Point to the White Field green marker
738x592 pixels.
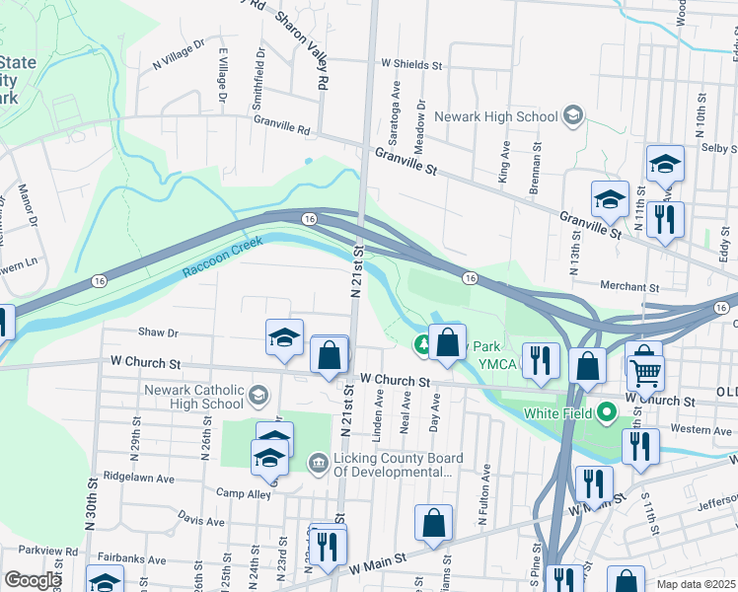tap(606, 411)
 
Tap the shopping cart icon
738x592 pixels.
tap(646, 372)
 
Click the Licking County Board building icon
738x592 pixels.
tap(318, 461)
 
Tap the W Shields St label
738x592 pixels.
tap(409, 64)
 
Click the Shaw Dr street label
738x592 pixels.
tap(158, 333)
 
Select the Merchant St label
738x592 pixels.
tap(628, 287)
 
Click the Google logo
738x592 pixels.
tap(33, 580)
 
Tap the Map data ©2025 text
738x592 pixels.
tap(695, 584)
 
